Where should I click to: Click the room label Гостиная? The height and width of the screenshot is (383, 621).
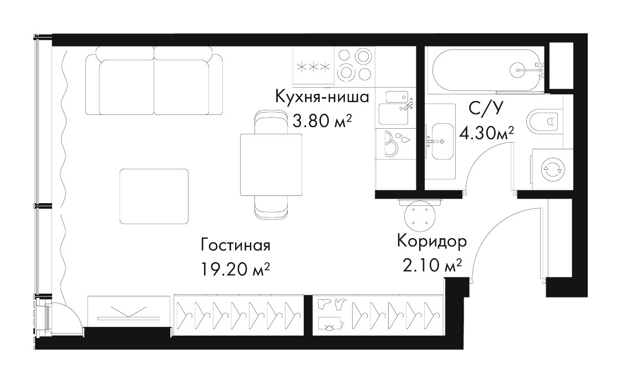coord(235,245)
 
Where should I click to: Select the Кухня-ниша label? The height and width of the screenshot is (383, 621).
coord(322,97)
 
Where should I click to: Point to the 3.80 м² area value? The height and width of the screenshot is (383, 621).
coord(322,120)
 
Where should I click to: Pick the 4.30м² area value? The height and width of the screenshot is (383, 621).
coord(486,133)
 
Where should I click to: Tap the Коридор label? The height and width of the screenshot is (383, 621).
coord(432,241)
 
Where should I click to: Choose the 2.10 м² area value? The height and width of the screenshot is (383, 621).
coord(432,265)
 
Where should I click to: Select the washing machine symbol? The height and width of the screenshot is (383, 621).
coord(552,169)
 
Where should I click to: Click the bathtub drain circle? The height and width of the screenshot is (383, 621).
coord(518,70)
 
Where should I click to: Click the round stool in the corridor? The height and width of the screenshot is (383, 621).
coord(421,216)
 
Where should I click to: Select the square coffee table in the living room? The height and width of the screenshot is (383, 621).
coord(154,196)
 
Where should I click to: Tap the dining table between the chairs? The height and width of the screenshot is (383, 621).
coord(271,165)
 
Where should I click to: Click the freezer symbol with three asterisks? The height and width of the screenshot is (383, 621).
coord(313,67)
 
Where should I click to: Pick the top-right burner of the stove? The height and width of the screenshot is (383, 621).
coord(363,56)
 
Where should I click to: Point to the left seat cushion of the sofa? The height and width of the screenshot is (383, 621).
coord(126,87)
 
